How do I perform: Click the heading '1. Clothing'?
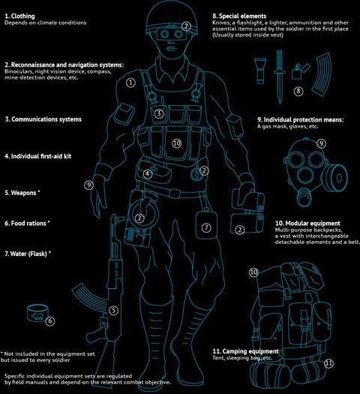tap(19, 16)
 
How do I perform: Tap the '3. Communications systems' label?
tap(43, 119)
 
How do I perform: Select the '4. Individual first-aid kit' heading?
tap(38, 156)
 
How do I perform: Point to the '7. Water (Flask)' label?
tap(28, 254)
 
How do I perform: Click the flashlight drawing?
tap(259, 71)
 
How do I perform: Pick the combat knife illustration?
tap(280, 77)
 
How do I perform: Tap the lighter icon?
tap(300, 72)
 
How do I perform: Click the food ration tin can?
tap(37, 313)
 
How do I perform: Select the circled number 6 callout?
tap(50, 321)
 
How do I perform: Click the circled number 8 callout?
tap(298, 91)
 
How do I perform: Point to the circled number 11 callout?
tap(328, 363)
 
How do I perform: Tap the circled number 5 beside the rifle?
tap(113, 311)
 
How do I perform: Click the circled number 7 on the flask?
tap(206, 227)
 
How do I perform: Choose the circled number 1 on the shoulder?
tap(130, 83)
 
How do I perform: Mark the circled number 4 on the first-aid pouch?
tap(147, 173)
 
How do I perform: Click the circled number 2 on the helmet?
tap(186, 26)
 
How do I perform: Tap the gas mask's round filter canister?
tap(337, 178)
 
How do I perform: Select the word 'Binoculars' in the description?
tap(18, 71)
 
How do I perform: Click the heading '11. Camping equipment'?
tap(245, 351)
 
